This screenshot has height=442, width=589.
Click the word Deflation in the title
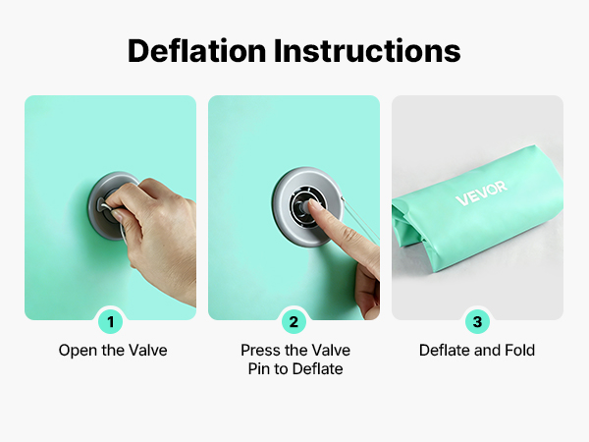point(197,50)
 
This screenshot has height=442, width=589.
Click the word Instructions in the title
point(367,50)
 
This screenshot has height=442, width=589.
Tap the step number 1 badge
point(110,322)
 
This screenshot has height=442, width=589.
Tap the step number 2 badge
point(294,322)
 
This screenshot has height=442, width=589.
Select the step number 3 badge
point(477,322)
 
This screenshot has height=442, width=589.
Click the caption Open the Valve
point(113,351)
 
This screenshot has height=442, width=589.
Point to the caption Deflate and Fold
point(477,351)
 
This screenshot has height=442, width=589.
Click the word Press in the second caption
point(261,351)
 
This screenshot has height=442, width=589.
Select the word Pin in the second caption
point(259,369)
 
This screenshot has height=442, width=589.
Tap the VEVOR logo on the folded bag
point(482,193)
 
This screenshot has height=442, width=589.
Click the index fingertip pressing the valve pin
point(312,205)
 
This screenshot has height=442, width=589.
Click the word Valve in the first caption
point(148,351)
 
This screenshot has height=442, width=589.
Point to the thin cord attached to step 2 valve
point(360,219)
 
